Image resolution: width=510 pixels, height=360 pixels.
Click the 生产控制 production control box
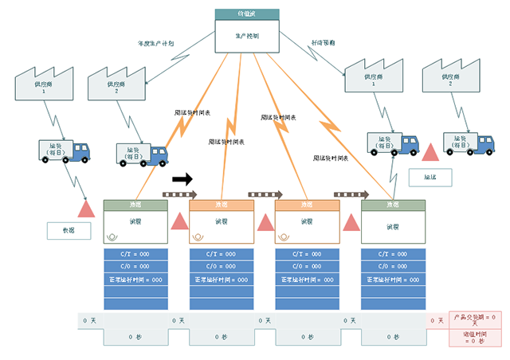[247, 37]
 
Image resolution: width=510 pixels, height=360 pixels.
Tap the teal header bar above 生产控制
[247, 14]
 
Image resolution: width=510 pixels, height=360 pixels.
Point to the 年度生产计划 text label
[155, 44]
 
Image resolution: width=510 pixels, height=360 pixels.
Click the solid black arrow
[182, 179]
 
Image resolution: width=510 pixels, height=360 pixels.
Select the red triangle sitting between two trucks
[431, 151]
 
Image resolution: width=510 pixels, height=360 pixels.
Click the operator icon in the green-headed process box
[112, 236]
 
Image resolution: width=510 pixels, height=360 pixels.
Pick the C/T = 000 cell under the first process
[135, 254]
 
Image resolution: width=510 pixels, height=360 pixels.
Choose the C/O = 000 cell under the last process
[393, 267]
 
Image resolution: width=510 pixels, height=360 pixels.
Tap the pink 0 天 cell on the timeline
[437, 320]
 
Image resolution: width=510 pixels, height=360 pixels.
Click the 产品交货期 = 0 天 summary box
[475, 319]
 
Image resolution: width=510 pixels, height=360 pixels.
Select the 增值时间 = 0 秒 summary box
[475, 336]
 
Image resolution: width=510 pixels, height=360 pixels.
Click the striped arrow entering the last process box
[351, 194]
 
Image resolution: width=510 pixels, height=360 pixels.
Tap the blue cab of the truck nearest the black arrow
[157, 154]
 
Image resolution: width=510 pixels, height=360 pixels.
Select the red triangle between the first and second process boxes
[179, 223]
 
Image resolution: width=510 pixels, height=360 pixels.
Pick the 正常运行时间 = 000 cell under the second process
[222, 280]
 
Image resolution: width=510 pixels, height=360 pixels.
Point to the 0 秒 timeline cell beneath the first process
[135, 337]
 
